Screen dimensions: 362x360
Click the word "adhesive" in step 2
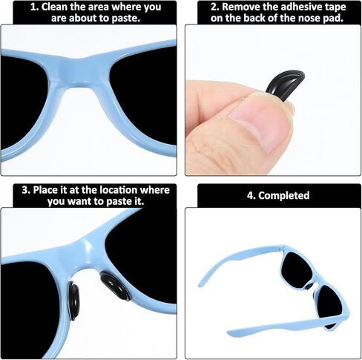[299, 7]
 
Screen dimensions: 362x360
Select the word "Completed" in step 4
[284, 195]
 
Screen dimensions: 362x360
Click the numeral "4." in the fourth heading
[251, 195]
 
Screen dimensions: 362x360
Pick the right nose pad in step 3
[114, 285]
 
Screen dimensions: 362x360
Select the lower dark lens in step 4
[329, 306]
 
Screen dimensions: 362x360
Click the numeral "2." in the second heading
[215, 7]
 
